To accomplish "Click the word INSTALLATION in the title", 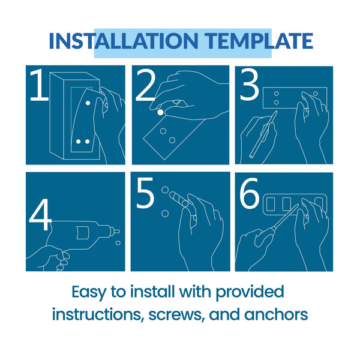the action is click(124, 41).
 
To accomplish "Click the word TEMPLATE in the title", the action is click(259, 41).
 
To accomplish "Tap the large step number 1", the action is click(39, 85).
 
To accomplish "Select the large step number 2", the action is click(145, 86).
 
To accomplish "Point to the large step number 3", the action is click(250, 85).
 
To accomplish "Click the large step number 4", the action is click(40, 215).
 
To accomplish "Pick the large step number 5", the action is click(145, 193).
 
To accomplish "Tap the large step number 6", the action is click(250, 193).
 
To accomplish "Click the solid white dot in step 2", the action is click(160, 113).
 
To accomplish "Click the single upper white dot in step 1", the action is click(88, 103).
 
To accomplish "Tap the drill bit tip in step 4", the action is click(118, 231).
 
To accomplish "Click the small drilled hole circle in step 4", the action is click(118, 243).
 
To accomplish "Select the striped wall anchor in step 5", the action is click(179, 199).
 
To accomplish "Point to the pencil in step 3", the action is click(264, 134).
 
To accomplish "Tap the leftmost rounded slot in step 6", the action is click(271, 204).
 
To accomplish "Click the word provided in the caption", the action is click(250, 293).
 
